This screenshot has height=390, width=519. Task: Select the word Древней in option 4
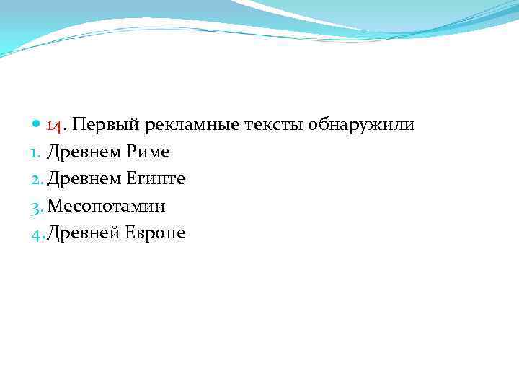pyautogui.click(x=80, y=233)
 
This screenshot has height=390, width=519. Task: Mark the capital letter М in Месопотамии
pyautogui.click(x=55, y=207)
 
